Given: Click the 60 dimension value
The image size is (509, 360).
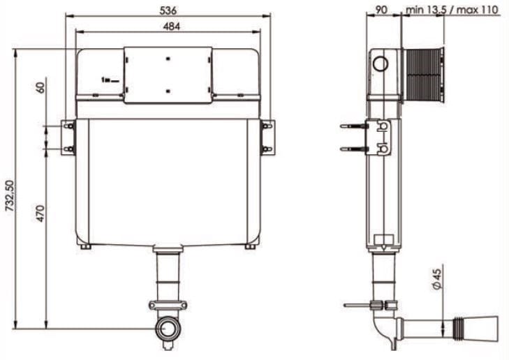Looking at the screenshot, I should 41,88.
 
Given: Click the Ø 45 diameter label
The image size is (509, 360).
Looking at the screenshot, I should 436,278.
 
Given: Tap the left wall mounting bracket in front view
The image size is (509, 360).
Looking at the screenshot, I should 69,137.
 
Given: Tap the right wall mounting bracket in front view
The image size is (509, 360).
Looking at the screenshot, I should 267,137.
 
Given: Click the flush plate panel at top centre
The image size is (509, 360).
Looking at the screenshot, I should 168,75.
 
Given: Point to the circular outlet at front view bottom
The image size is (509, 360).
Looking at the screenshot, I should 168,328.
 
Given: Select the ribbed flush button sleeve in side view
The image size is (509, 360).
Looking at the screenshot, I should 425,75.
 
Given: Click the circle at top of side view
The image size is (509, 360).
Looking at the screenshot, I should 381,65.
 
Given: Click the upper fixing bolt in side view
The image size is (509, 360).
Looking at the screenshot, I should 353,127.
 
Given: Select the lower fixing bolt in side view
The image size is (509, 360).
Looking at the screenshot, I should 353,148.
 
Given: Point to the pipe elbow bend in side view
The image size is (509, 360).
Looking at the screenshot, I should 383,328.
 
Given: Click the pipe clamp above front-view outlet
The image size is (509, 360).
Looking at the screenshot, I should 168,305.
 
